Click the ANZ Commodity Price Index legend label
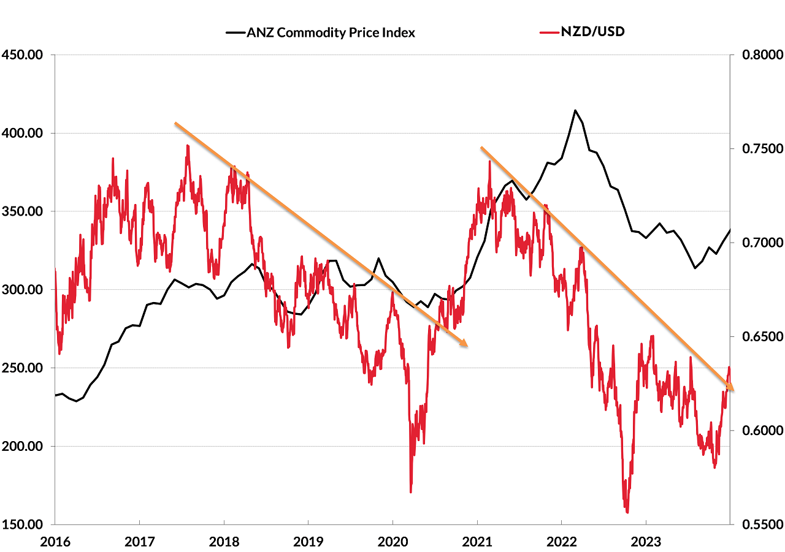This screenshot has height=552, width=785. pos(331,33)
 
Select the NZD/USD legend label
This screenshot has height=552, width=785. pos(592,31)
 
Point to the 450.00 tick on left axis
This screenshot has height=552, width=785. pos(22,55)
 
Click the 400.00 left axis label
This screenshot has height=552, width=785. pos(22,133)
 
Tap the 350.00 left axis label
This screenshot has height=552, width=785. pos(22,211)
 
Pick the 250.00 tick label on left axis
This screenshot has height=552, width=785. pos(22,368)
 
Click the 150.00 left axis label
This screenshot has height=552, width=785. pos(22,525)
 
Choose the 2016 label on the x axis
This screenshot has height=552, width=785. pos(55,542)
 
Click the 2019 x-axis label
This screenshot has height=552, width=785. pos(308,542)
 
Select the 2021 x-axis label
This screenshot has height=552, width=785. pos(477,542)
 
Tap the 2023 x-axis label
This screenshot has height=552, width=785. pos(645,542)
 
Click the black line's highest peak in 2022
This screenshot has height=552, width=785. pos(575,111)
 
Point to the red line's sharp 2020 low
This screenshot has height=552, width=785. pos(410,491)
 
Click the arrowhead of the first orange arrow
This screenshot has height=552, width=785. pos(466,345)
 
